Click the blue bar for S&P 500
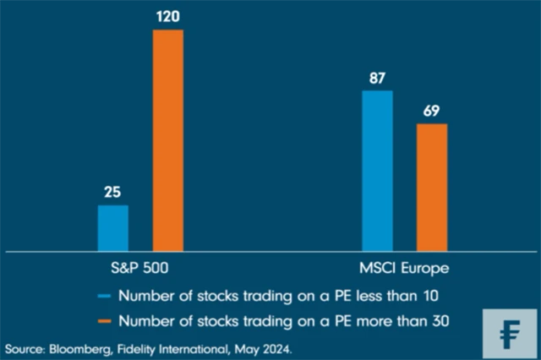(112, 228)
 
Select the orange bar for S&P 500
(167, 140)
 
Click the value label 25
(112, 192)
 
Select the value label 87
(377, 77)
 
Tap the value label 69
(432, 111)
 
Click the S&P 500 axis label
(139, 270)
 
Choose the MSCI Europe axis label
(404, 270)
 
